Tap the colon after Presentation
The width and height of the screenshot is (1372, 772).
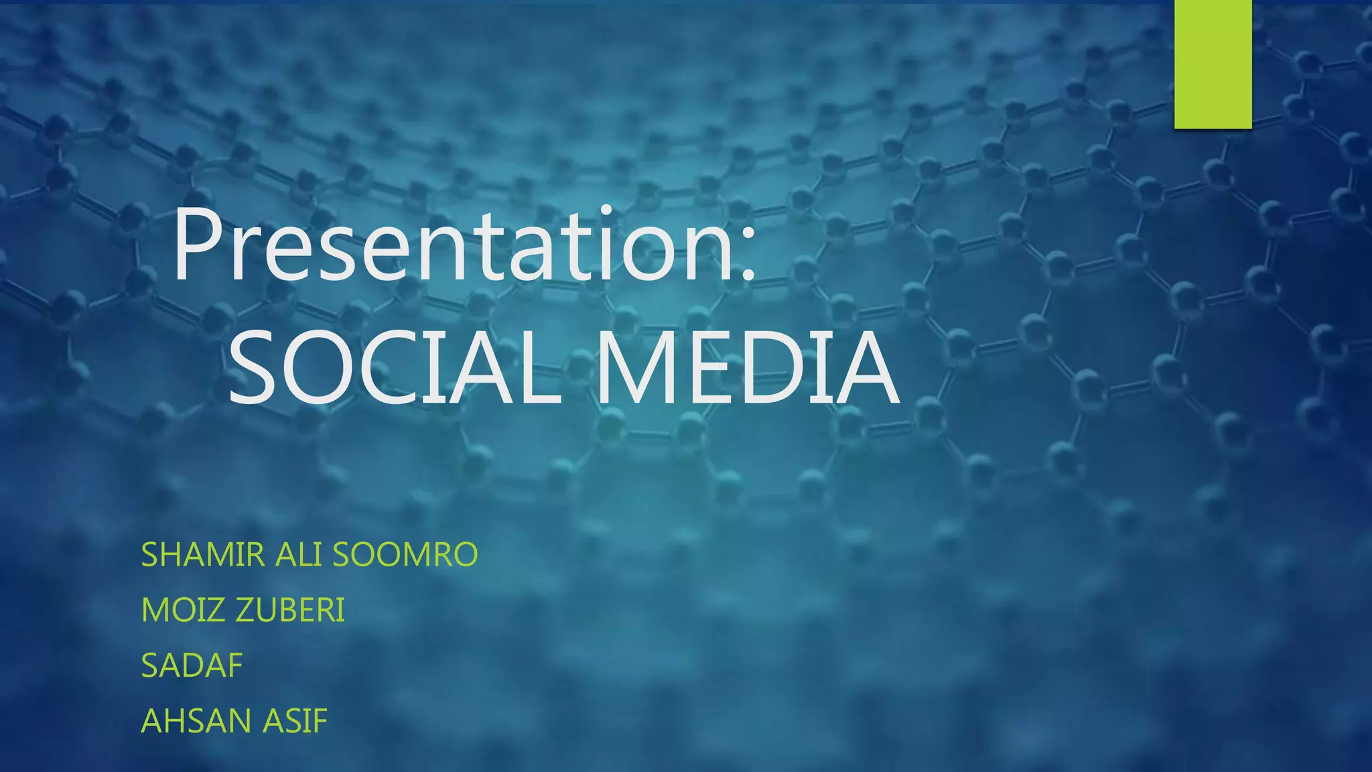(748, 255)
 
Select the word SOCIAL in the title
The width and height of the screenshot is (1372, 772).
(395, 368)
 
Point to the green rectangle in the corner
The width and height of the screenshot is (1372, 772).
(1213, 64)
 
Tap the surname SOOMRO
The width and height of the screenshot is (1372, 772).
(405, 555)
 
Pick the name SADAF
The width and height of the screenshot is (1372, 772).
(192, 665)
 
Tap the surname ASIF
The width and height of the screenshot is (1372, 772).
(295, 721)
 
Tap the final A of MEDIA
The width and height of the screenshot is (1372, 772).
(864, 368)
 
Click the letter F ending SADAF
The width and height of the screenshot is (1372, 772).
(235, 665)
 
